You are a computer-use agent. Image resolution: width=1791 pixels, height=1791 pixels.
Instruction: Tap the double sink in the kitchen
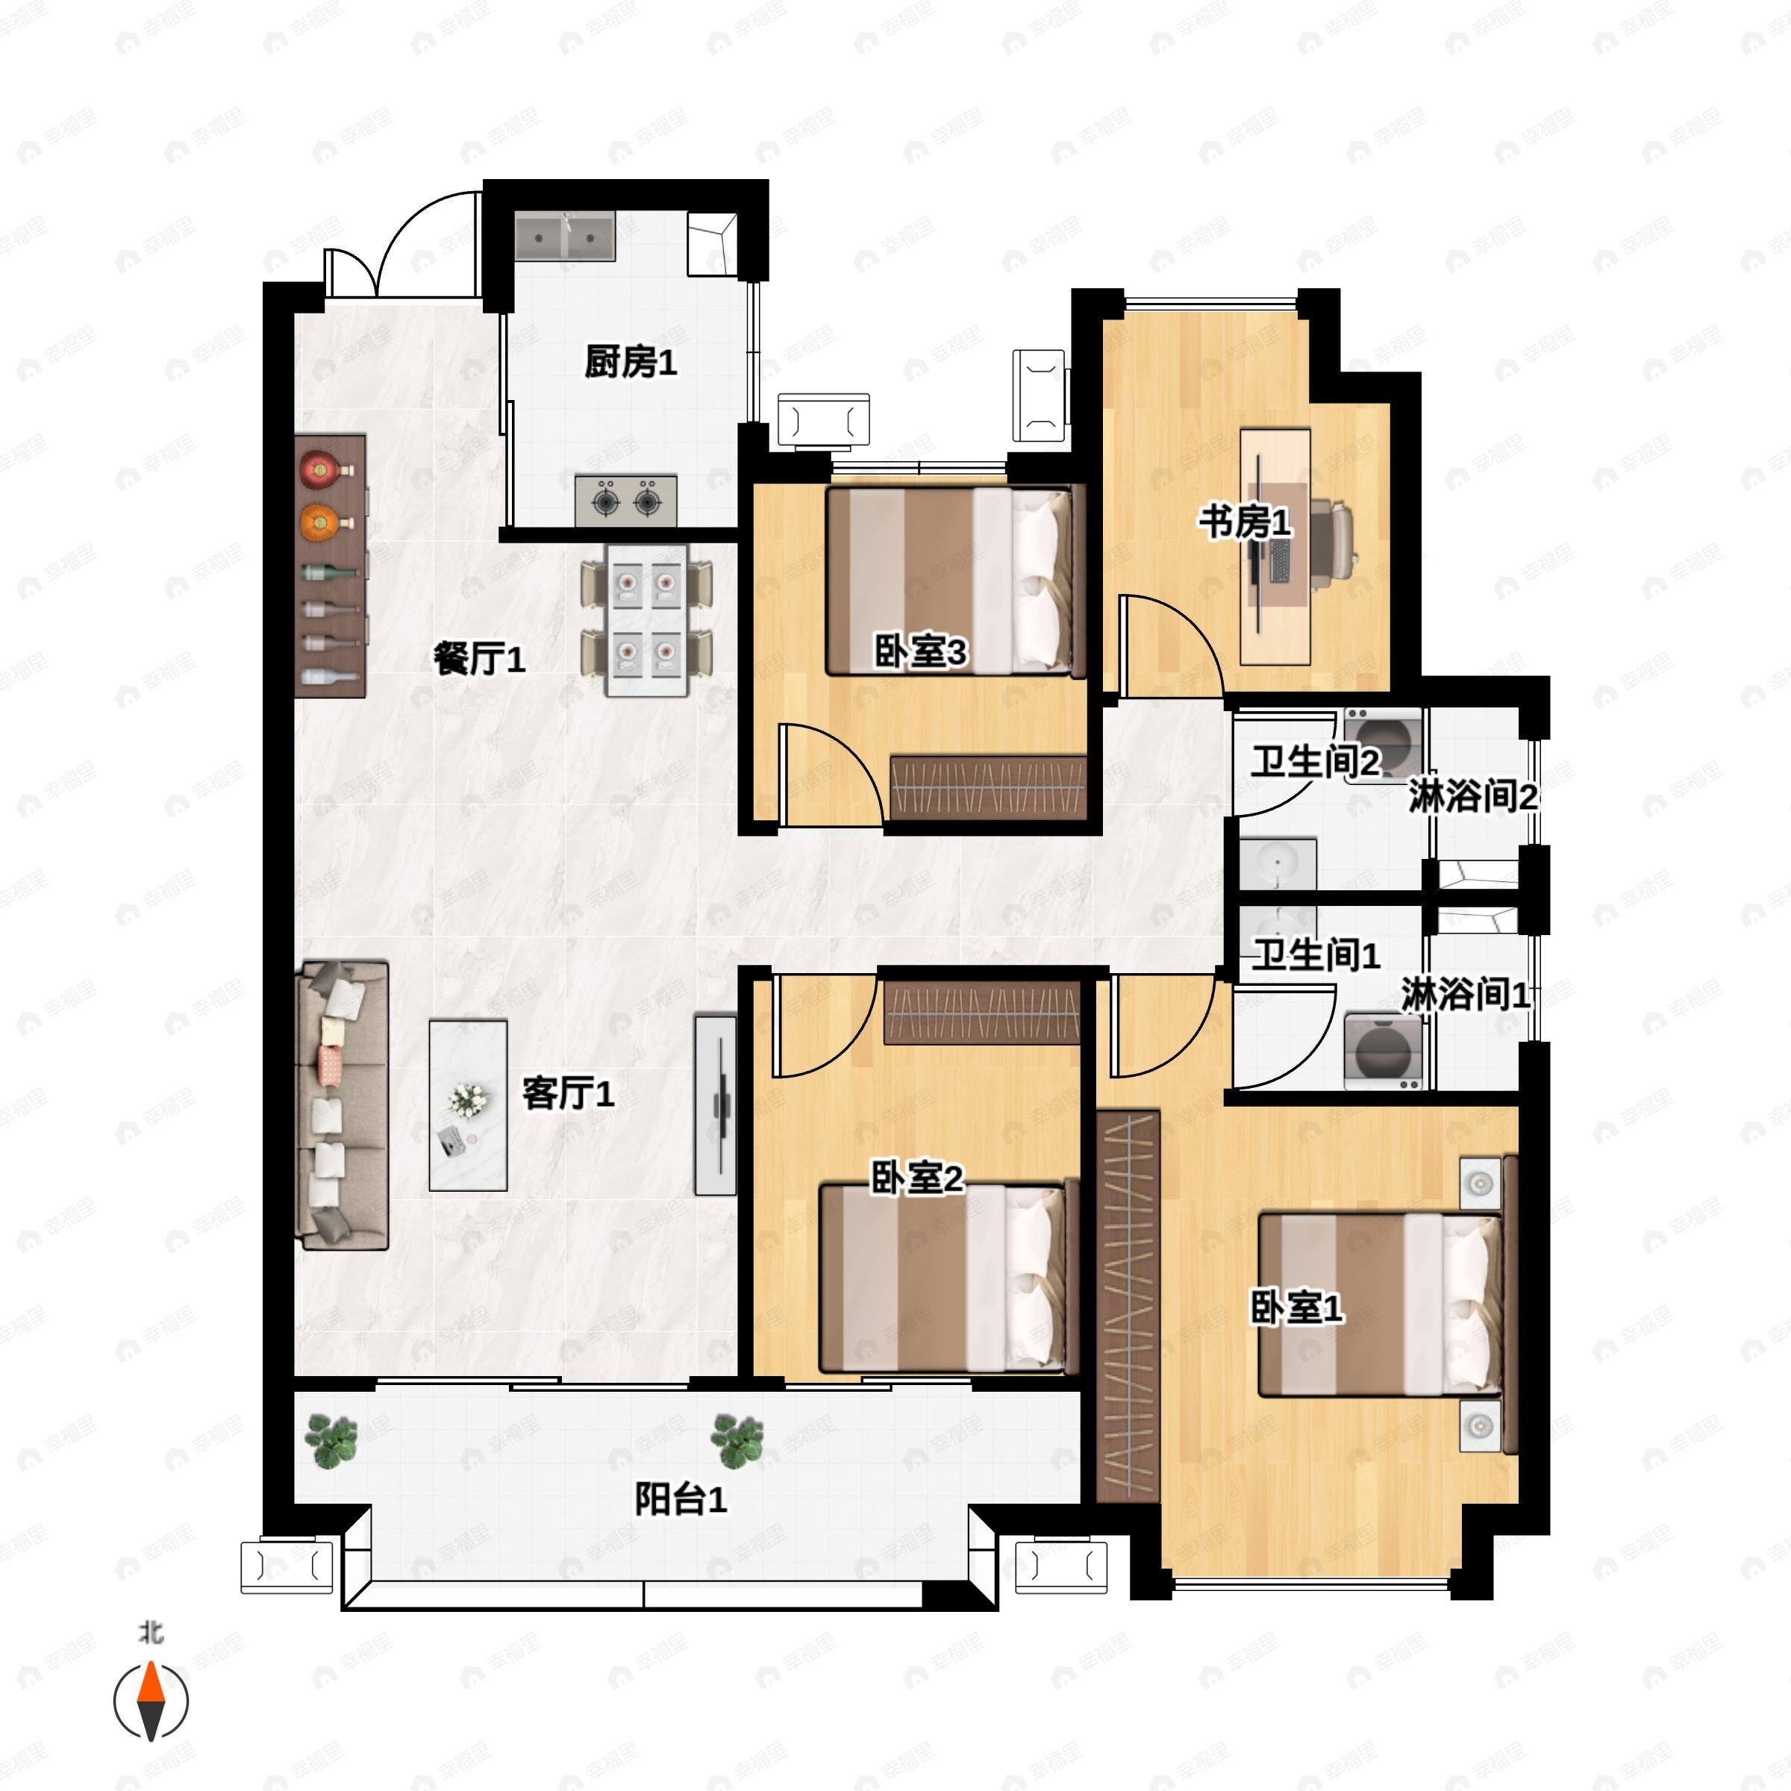566,237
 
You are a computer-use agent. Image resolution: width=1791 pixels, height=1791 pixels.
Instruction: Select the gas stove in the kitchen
626,501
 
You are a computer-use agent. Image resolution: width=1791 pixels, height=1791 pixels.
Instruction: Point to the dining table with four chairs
647,619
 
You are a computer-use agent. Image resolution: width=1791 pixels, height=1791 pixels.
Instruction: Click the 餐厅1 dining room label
479,659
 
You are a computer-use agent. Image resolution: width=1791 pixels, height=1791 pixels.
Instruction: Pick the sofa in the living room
341,1106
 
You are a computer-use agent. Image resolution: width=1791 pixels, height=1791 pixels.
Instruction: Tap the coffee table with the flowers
468,1106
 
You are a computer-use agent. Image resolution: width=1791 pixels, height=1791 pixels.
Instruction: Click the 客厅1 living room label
567,1094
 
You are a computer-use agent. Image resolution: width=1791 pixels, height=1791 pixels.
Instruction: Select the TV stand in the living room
716,1106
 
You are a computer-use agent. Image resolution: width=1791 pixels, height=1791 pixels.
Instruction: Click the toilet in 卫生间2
1383,746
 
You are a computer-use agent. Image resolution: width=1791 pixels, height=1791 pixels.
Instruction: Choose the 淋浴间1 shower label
1465,995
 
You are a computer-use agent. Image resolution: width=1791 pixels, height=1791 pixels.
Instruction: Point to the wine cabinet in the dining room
331,566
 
